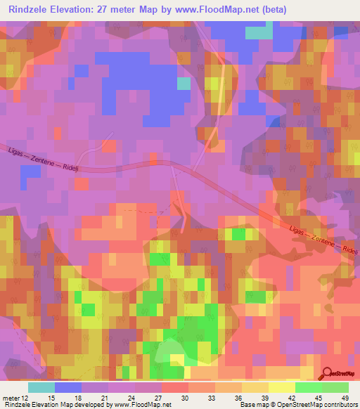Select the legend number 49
345,398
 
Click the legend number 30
185,398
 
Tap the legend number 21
105,398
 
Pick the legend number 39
265,398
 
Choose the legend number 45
319,398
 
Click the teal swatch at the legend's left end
41,387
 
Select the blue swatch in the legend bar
67,387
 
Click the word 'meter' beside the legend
10,398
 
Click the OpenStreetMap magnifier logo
328,375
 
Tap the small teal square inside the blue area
184,84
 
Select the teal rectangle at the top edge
259,32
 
